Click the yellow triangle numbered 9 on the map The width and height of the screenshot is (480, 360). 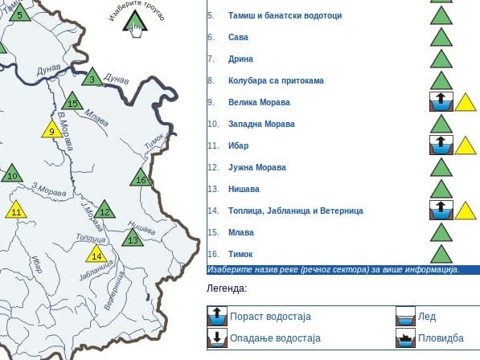tap(51, 130)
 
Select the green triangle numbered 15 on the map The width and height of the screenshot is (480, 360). tap(73, 102)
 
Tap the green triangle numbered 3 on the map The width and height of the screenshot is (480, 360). tap(92, 78)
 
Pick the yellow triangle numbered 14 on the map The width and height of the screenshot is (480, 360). tap(97, 255)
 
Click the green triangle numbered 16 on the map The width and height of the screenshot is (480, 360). tap(142, 179)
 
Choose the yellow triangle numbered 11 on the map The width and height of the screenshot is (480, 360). tap(16, 211)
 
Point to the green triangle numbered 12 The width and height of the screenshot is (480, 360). tap(104, 211)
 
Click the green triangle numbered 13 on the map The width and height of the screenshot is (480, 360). tap(133, 239)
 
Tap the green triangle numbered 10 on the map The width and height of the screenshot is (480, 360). tap(11, 174)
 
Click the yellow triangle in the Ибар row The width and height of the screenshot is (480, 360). tap(466, 146)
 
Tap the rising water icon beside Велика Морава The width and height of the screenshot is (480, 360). tap(440, 102)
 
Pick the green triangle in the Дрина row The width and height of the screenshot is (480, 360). tap(440, 59)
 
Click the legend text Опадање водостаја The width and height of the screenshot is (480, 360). tap(275, 338)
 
